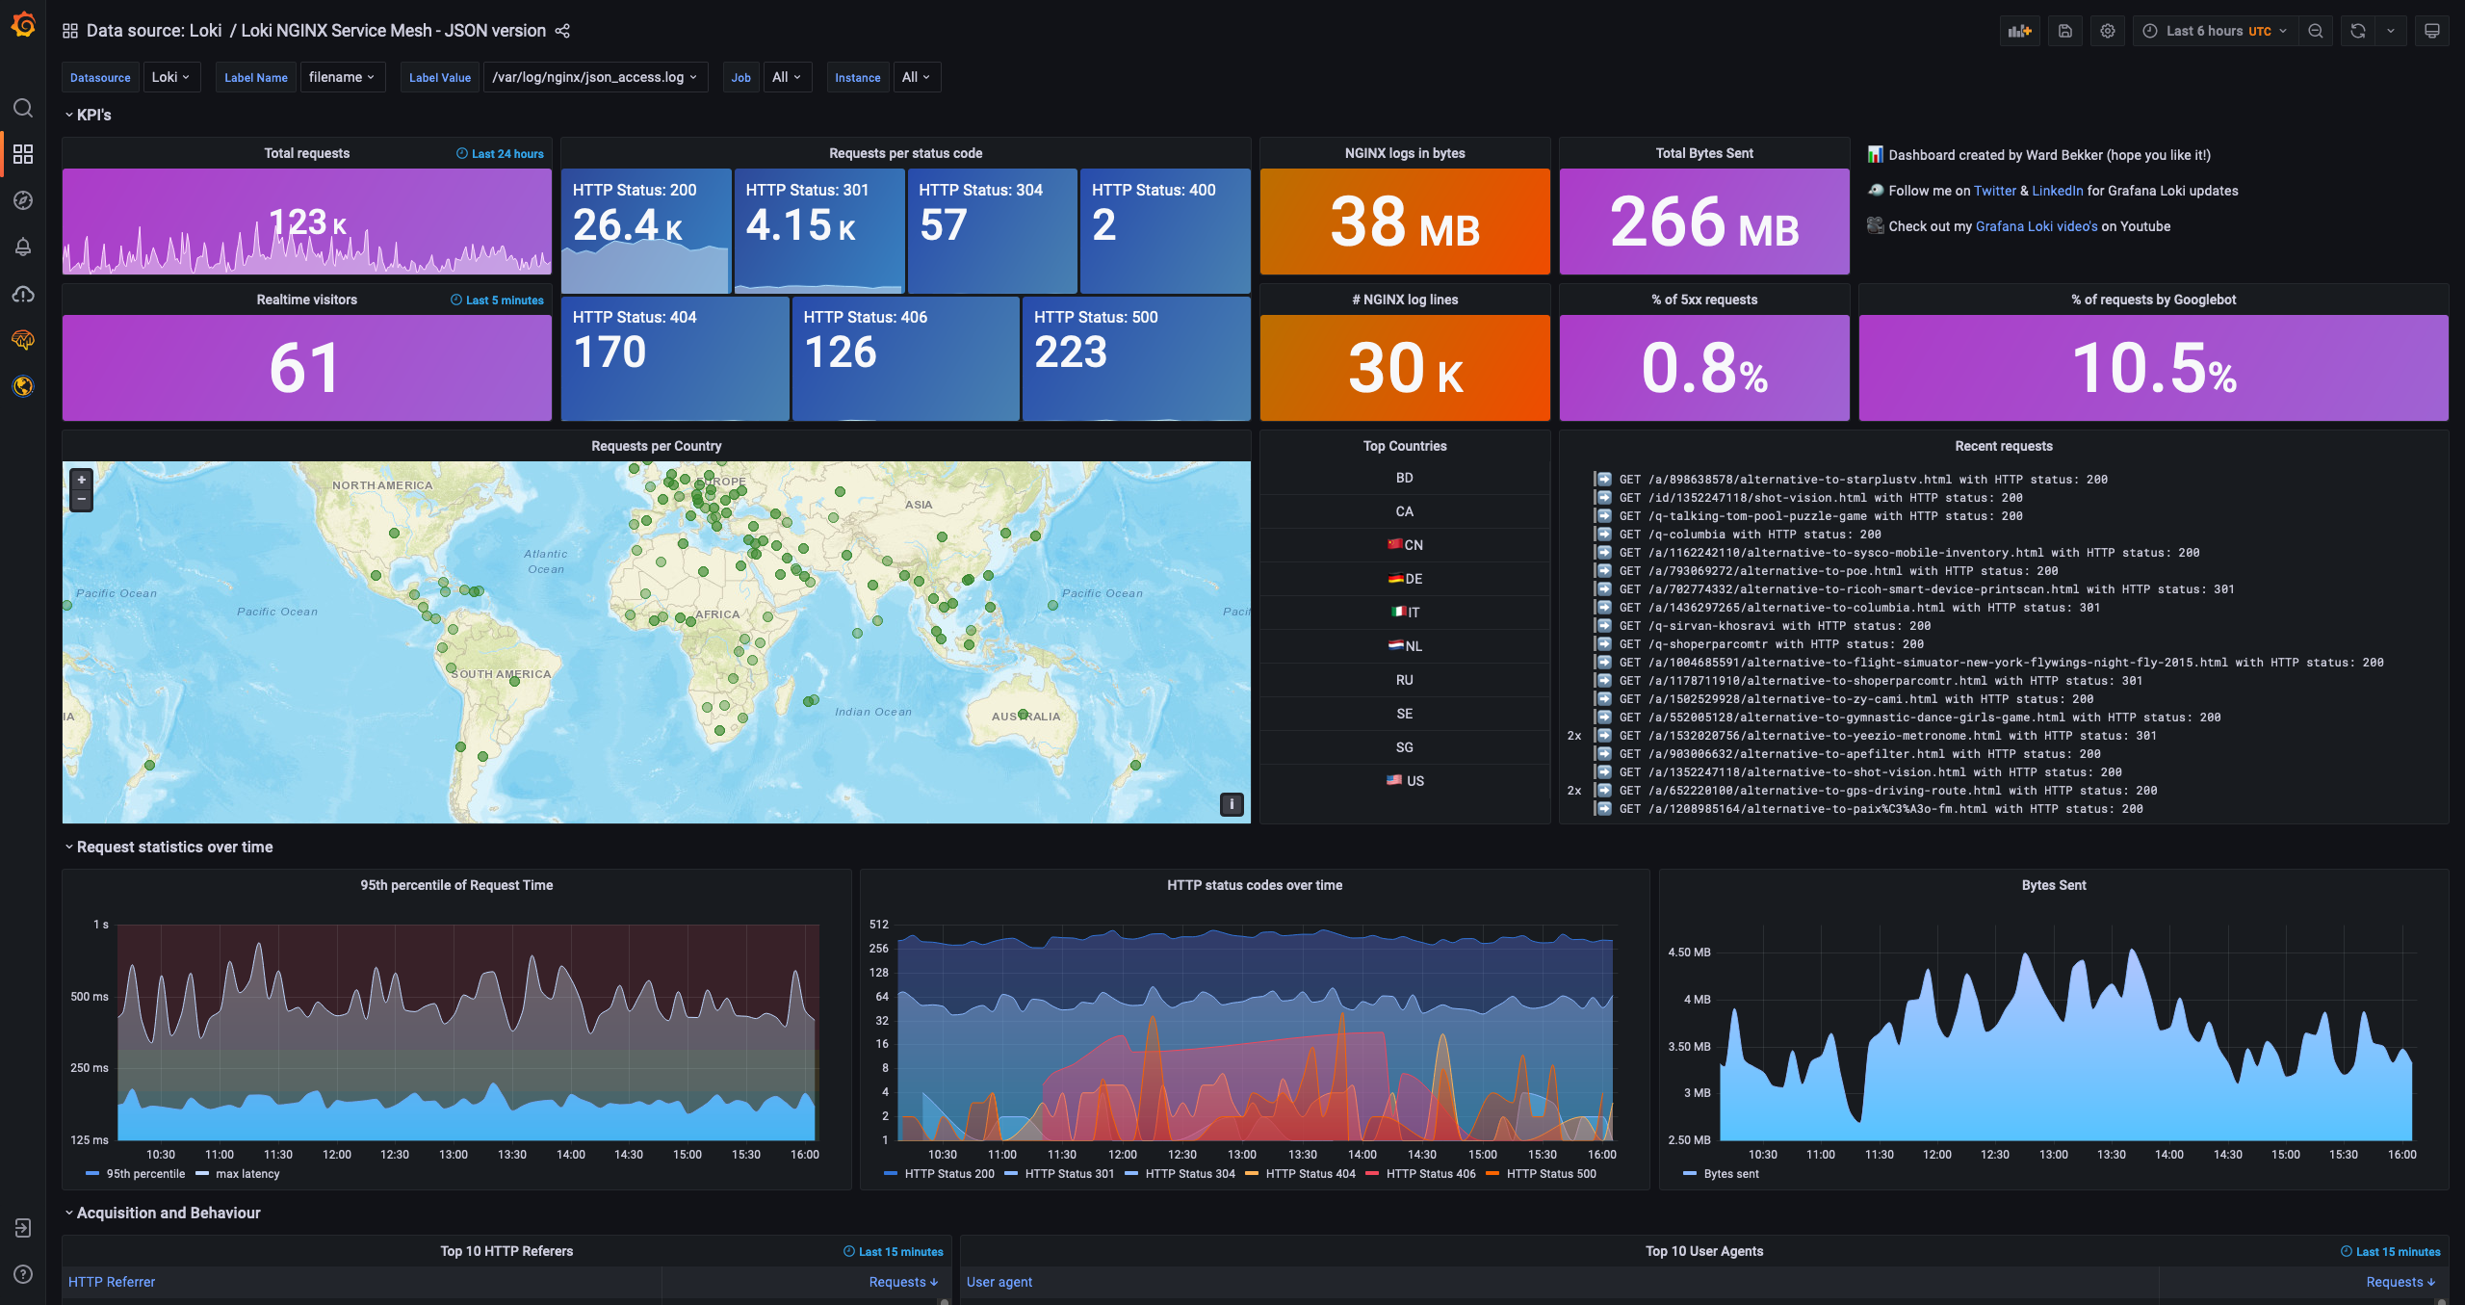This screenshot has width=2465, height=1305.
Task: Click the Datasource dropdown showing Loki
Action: (171, 77)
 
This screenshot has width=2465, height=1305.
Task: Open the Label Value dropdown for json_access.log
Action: (594, 77)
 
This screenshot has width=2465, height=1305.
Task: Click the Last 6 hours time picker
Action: (2216, 31)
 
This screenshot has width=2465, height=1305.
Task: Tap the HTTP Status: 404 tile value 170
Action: (610, 352)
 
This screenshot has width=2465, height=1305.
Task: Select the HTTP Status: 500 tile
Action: (1135, 357)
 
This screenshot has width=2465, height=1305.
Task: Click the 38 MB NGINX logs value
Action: (1404, 222)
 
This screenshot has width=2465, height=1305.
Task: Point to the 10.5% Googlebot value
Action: (2153, 369)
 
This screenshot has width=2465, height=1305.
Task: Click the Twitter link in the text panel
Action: (1994, 191)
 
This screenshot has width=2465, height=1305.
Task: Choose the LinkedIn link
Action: (2057, 191)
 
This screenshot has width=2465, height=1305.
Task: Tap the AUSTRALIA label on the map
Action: (1025, 717)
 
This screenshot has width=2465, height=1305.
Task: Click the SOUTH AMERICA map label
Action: (501, 674)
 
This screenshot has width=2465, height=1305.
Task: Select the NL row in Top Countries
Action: (1405, 646)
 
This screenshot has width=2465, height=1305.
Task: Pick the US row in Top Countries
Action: (1405, 781)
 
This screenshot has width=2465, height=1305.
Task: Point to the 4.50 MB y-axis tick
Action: (1689, 953)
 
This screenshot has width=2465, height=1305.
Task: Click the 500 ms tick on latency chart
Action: (90, 997)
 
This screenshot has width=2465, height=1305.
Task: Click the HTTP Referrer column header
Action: (112, 1282)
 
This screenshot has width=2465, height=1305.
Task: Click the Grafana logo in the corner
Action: (23, 24)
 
